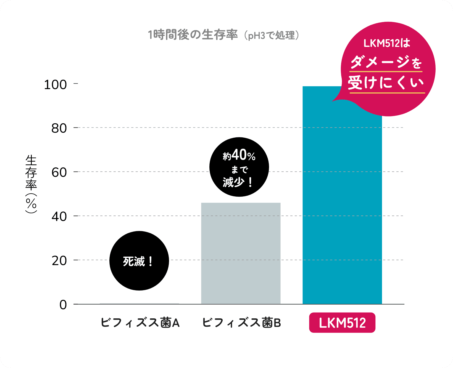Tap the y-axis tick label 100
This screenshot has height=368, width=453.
(x=55, y=84)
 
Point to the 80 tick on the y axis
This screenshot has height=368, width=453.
(x=59, y=128)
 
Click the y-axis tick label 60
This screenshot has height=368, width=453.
(x=59, y=172)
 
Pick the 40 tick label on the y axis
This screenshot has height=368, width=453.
(x=59, y=217)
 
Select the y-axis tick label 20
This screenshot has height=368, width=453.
(x=59, y=261)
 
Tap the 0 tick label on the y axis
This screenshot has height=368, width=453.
(x=63, y=305)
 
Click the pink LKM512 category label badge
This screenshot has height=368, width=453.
(x=342, y=322)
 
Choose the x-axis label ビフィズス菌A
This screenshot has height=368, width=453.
(x=140, y=322)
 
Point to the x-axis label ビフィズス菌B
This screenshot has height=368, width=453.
(x=241, y=322)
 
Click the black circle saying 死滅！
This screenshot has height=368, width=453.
(x=139, y=261)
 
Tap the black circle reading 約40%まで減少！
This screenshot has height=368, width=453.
(x=239, y=167)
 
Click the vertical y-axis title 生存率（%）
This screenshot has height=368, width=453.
(x=31, y=183)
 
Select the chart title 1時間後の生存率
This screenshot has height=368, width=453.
(x=193, y=35)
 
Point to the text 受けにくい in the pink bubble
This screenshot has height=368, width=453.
(x=386, y=83)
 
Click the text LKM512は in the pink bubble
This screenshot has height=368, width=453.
(x=387, y=43)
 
